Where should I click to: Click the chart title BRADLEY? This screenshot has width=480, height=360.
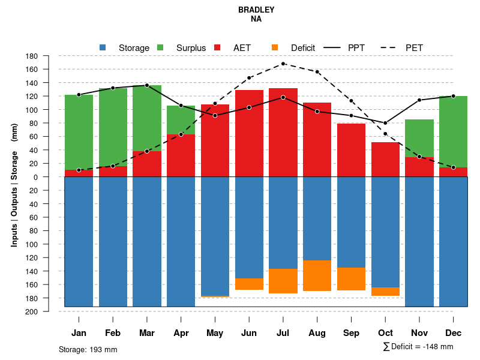tap(256, 10)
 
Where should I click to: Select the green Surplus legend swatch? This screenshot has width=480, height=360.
tap(160, 47)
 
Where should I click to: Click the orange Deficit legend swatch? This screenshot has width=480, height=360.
tap(275, 47)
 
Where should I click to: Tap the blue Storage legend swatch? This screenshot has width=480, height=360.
tap(103, 47)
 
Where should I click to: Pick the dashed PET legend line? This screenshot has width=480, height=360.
tap(390, 47)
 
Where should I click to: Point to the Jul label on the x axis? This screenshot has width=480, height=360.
tap(283, 333)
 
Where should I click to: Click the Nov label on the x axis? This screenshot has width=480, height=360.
tap(419, 333)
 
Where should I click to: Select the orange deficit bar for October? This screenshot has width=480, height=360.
tap(385, 292)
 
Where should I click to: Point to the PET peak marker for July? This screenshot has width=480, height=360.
tap(283, 64)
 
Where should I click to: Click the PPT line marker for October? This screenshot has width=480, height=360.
tap(385, 123)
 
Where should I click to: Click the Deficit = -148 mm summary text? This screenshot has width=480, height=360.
tap(418, 347)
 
